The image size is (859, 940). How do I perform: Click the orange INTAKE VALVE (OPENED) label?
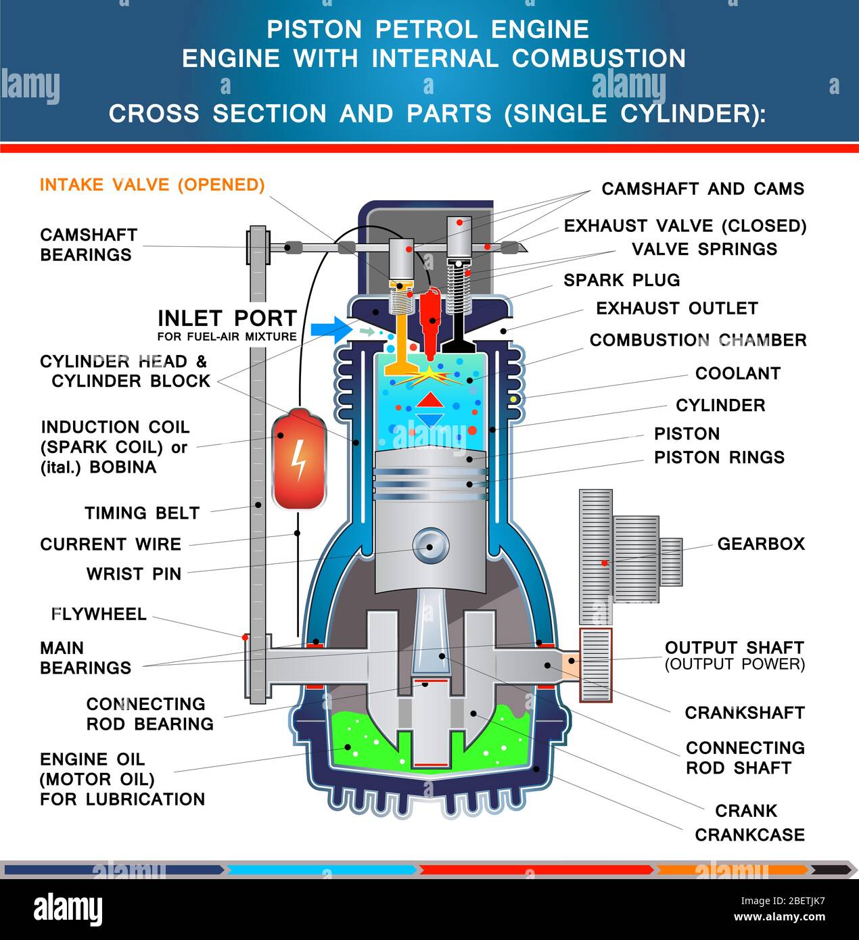click(x=152, y=185)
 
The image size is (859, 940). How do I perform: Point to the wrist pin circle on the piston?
click(x=431, y=545)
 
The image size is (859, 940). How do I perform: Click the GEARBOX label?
click(x=761, y=544)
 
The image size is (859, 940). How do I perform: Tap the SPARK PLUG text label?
click(x=622, y=280)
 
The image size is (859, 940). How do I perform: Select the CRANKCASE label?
click(x=749, y=835)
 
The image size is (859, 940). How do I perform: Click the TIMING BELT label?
click(x=142, y=513)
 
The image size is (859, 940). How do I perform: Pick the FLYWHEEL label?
click(x=99, y=614)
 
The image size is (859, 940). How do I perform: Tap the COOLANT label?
click(x=738, y=373)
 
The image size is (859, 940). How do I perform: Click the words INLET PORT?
click(x=227, y=318)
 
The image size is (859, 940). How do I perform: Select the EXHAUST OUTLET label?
click(x=676, y=308)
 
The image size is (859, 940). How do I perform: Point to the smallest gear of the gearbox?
click(x=671, y=561)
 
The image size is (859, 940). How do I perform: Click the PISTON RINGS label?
click(x=719, y=457)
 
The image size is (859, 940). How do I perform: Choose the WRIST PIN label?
click(x=134, y=574)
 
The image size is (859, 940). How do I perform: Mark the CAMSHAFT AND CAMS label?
click(x=703, y=189)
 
